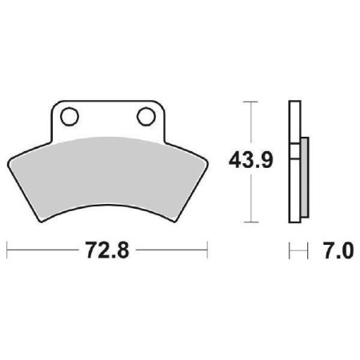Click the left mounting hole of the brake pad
click(69, 117)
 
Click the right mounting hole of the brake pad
click(146, 117)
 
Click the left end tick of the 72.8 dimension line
click(7, 252)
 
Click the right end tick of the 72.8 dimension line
click(208, 252)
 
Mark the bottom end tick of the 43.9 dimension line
click(253, 221)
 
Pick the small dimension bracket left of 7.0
click(298, 252)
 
